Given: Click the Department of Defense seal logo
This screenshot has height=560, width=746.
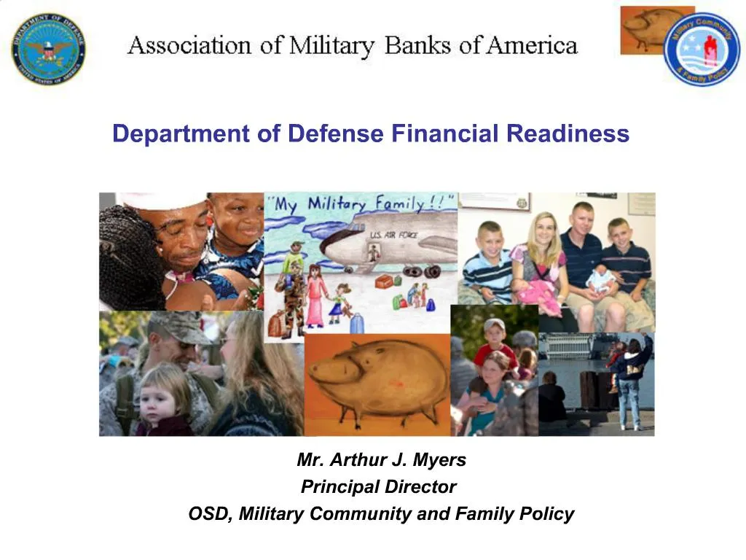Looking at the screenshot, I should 47,49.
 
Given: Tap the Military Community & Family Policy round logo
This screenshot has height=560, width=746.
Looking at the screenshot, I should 701,50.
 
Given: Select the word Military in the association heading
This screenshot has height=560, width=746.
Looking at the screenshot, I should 331,47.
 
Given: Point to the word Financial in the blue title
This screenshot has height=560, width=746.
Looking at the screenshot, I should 444,133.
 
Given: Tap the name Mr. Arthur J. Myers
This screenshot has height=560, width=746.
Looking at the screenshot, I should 381,460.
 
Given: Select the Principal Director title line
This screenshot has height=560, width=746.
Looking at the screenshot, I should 379,486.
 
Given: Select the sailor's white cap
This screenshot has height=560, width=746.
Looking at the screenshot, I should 163,200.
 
